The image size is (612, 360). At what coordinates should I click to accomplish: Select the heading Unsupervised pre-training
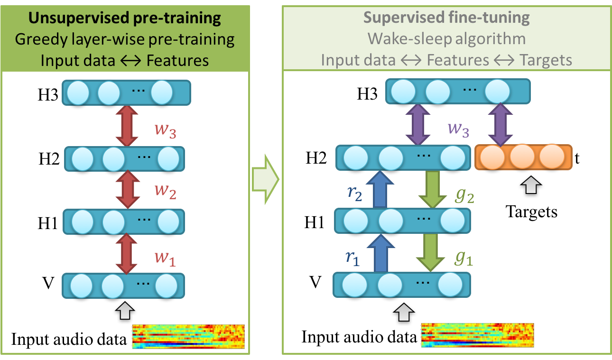click(x=125, y=18)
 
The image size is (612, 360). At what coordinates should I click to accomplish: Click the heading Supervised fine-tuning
click(x=446, y=18)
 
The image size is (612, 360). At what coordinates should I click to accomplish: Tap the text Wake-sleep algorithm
click(x=446, y=39)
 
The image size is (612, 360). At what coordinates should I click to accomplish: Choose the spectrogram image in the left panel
click(x=188, y=337)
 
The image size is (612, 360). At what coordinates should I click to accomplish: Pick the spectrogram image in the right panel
click(x=478, y=336)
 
